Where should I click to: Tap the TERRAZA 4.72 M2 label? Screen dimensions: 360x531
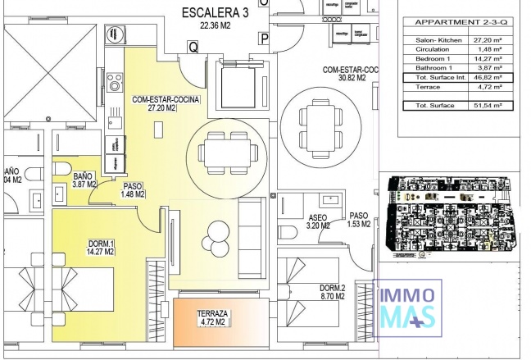211,318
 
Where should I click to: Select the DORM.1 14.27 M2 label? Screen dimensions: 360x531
101,248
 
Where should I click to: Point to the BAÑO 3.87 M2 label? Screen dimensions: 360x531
83,180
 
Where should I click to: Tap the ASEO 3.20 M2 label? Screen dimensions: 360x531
317,221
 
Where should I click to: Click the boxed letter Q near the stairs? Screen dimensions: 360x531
193,48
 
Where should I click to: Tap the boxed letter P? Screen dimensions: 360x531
264,38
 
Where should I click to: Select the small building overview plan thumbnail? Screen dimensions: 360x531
450,215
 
